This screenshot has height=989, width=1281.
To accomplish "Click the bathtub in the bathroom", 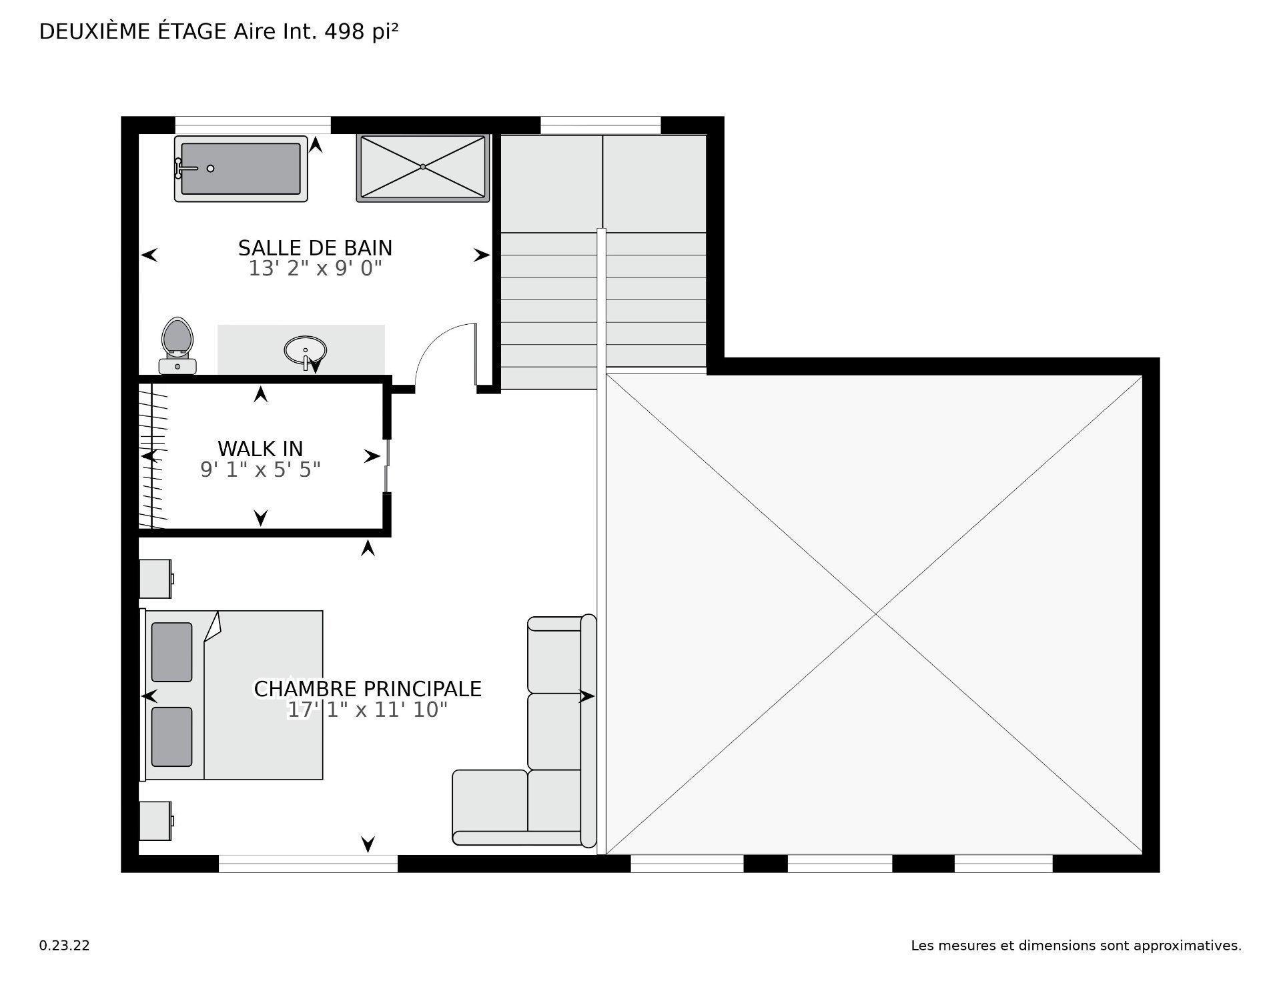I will click(x=241, y=169).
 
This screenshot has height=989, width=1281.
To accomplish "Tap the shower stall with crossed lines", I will click(x=423, y=167).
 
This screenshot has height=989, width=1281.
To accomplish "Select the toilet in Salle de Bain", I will click(x=177, y=345).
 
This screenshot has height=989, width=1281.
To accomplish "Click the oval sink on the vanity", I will click(x=306, y=349).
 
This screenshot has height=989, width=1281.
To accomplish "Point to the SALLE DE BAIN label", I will click(x=315, y=248).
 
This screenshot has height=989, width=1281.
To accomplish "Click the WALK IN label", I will click(x=260, y=448).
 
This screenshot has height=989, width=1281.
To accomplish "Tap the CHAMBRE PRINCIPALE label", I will click(x=368, y=689).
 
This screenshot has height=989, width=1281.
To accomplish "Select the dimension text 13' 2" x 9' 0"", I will click(x=315, y=269).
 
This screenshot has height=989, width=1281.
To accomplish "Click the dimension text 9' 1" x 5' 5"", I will click(x=260, y=469).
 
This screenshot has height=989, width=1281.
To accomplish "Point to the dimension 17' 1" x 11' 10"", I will click(x=367, y=710).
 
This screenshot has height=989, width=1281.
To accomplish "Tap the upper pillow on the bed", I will click(x=171, y=652).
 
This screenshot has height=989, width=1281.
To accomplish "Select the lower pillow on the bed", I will click(x=171, y=737).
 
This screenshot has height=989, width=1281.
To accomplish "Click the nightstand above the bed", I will click(x=155, y=578).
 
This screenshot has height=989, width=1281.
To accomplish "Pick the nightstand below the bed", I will click(x=155, y=820).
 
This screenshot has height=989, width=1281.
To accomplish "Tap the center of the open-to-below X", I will click(x=875, y=614).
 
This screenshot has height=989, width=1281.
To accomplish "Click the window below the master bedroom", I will click(x=308, y=864).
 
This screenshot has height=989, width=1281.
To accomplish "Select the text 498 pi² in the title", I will click(x=361, y=31).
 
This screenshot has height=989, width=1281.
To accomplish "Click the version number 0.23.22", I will click(x=65, y=946).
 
